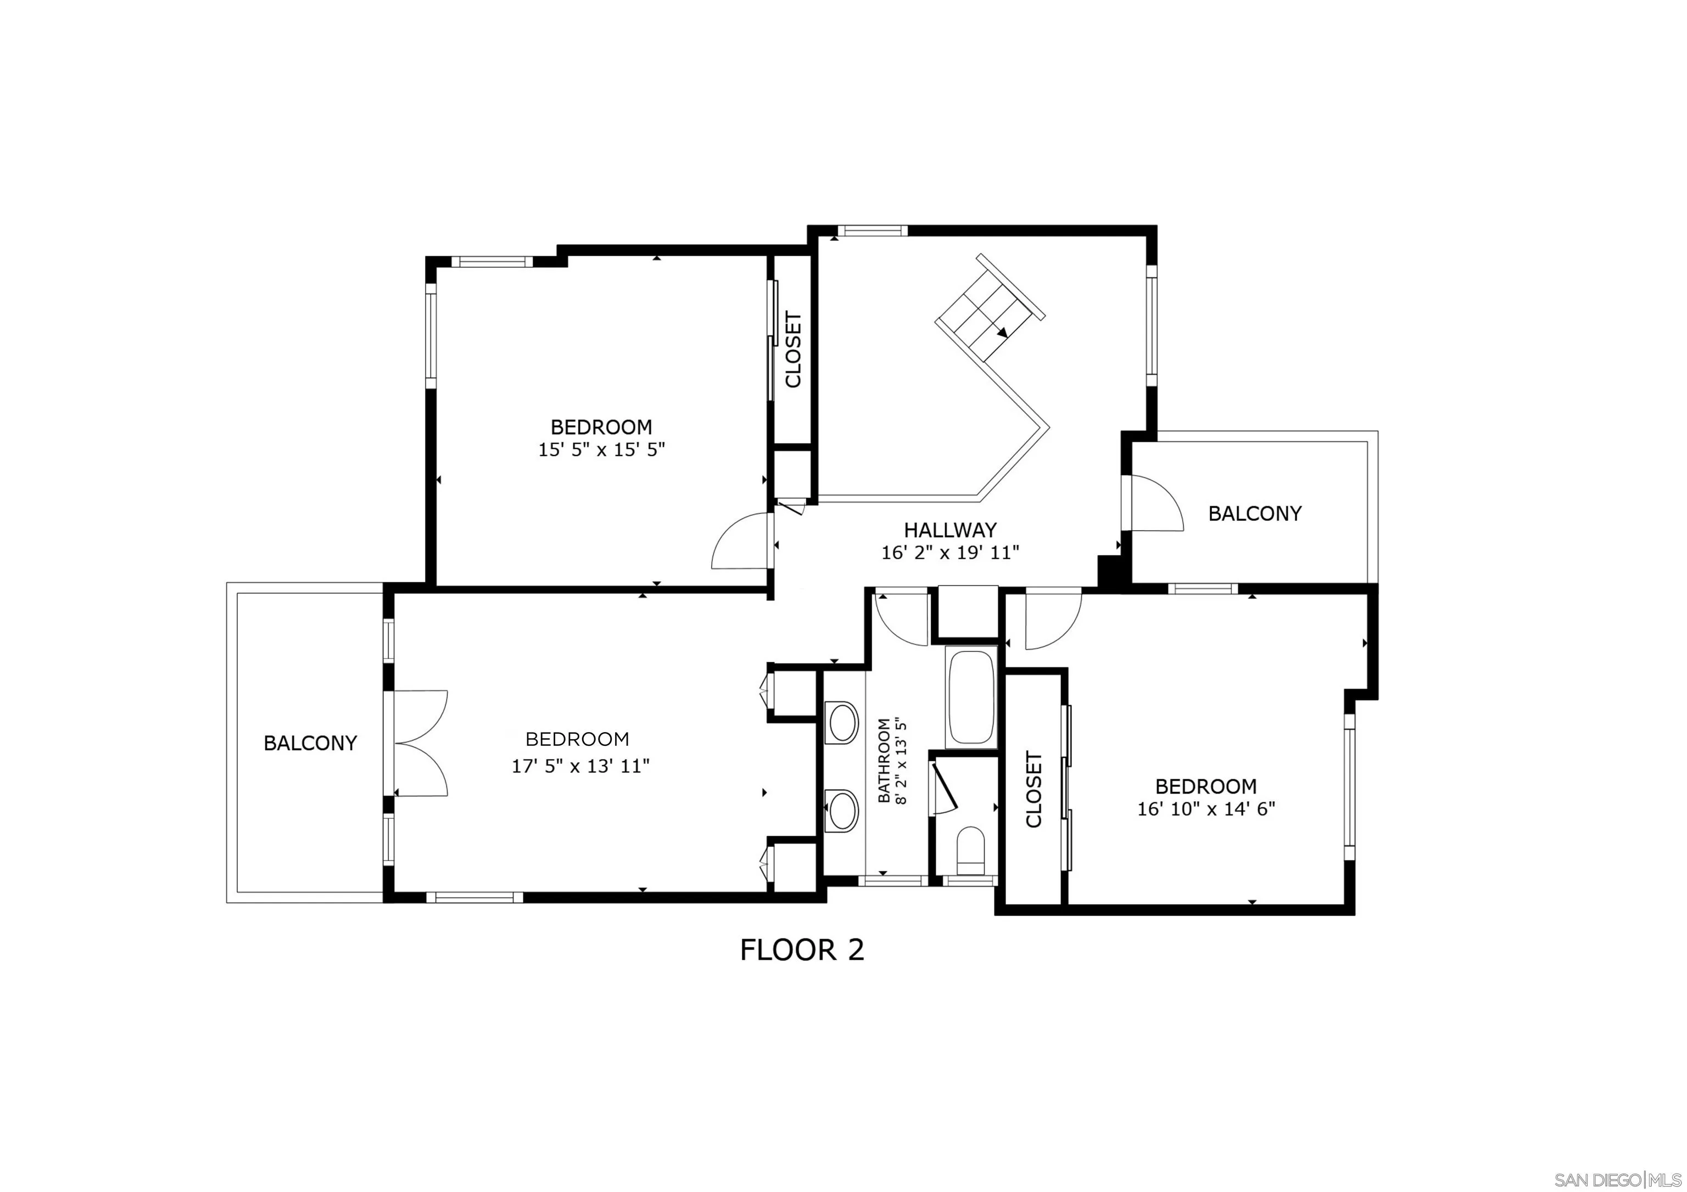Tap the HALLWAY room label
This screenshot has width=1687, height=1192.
(x=950, y=529)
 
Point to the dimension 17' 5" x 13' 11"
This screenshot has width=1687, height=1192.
(x=580, y=766)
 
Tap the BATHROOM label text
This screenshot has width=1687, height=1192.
(x=884, y=760)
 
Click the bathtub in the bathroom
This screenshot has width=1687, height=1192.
(x=971, y=697)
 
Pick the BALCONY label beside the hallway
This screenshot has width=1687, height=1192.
(x=1255, y=513)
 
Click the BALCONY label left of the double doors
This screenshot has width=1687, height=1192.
(x=310, y=743)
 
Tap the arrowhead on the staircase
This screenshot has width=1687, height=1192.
(x=1002, y=332)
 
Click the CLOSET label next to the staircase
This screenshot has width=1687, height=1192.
(x=794, y=350)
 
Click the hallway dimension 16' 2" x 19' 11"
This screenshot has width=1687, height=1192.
(x=950, y=552)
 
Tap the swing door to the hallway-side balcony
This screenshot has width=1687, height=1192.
(x=1157, y=503)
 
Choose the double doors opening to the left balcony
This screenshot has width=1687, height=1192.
(x=420, y=743)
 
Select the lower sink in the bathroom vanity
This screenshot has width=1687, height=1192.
(x=843, y=809)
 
